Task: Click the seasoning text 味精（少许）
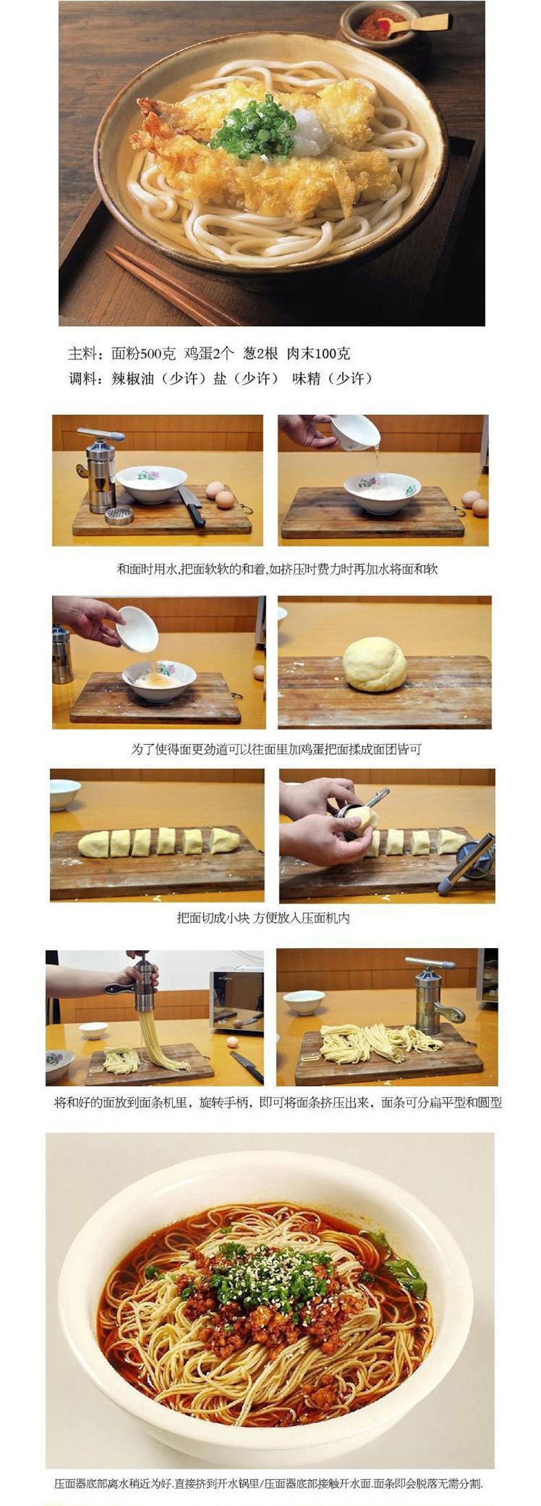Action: pos(332,379)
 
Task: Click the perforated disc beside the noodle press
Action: pos(119,515)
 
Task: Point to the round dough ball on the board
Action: pos(375,664)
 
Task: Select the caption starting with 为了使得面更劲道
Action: pos(275,749)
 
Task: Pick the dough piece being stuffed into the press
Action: pos(361,818)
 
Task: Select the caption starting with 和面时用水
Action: pos(277,569)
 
